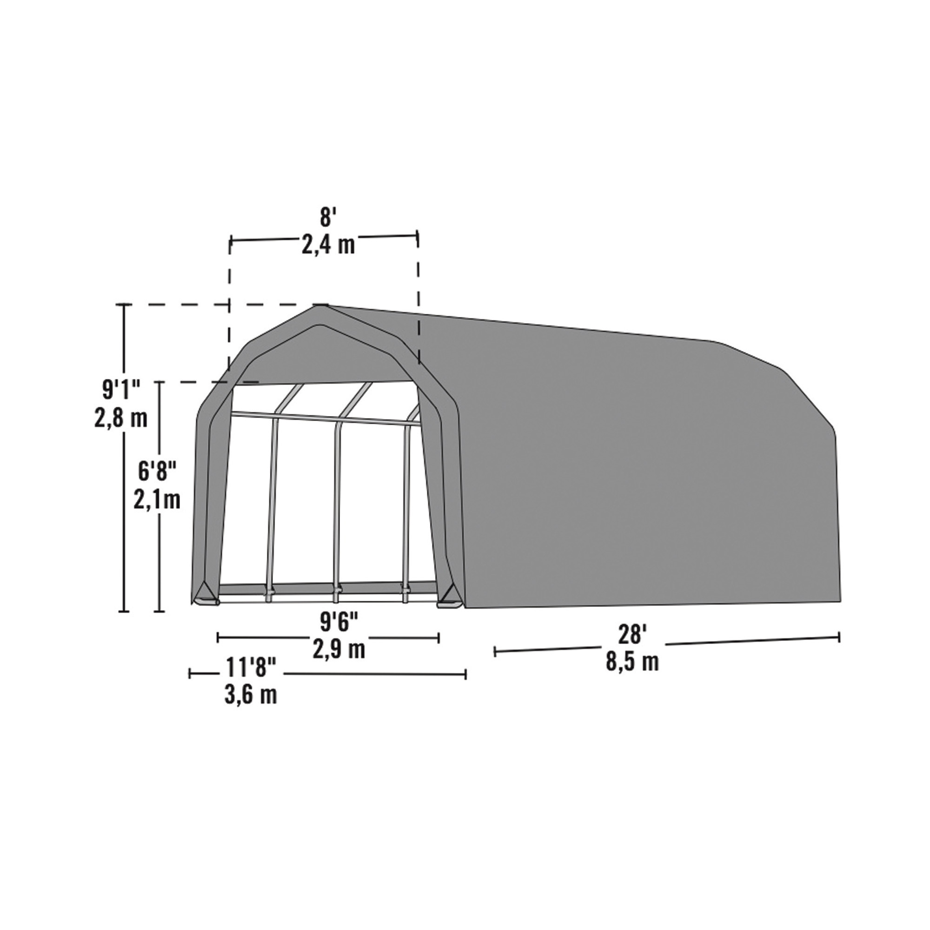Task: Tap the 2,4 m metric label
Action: click(328, 245)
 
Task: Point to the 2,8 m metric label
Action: click(120, 418)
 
